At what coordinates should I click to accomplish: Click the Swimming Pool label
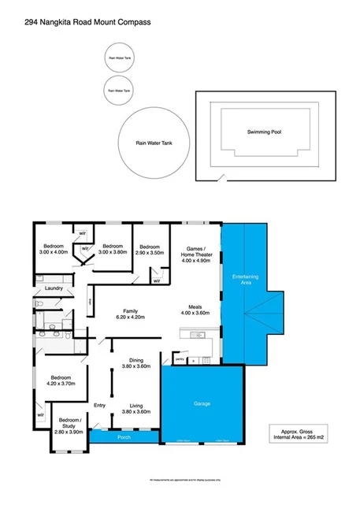(x=264, y=132)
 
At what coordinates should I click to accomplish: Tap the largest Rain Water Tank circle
(x=153, y=143)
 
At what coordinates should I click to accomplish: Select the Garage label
(x=202, y=403)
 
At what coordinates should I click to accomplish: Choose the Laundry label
(x=54, y=288)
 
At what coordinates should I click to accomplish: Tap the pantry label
(x=180, y=359)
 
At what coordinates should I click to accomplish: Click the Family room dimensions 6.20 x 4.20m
(x=130, y=317)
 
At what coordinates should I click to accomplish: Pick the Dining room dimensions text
(x=136, y=366)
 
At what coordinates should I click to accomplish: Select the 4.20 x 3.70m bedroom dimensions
(x=59, y=384)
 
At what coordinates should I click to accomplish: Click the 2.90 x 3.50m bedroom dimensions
(x=149, y=252)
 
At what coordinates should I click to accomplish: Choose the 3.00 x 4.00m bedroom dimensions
(x=57, y=252)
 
